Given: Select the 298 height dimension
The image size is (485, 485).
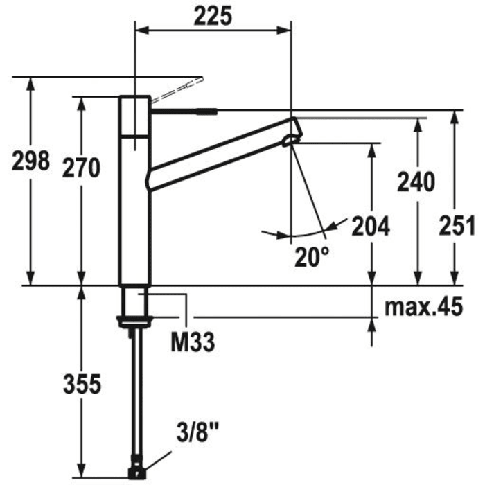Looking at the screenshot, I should (31, 161).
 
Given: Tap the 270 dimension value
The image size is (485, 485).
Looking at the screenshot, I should (82, 167).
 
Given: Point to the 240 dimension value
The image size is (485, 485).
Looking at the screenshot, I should (416, 182).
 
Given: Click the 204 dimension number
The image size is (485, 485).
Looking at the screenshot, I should (371, 226).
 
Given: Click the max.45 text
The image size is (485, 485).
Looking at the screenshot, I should (424, 306).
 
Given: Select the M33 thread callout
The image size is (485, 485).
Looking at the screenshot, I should (193, 340).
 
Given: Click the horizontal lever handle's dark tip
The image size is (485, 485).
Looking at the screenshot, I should (208, 109).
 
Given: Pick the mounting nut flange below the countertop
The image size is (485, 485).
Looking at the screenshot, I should (136, 320).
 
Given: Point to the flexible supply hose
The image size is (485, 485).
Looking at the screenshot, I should (136, 395).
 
